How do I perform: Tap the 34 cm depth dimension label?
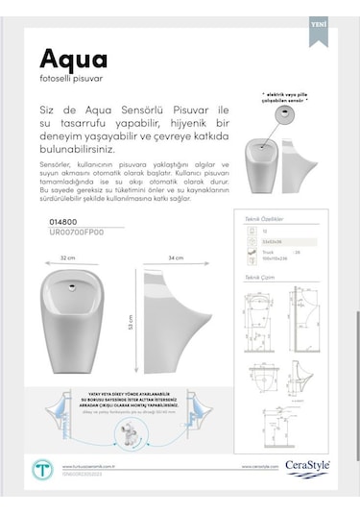pyautogui.click(x=176, y=258)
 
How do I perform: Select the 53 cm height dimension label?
pyautogui.click(x=131, y=324)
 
